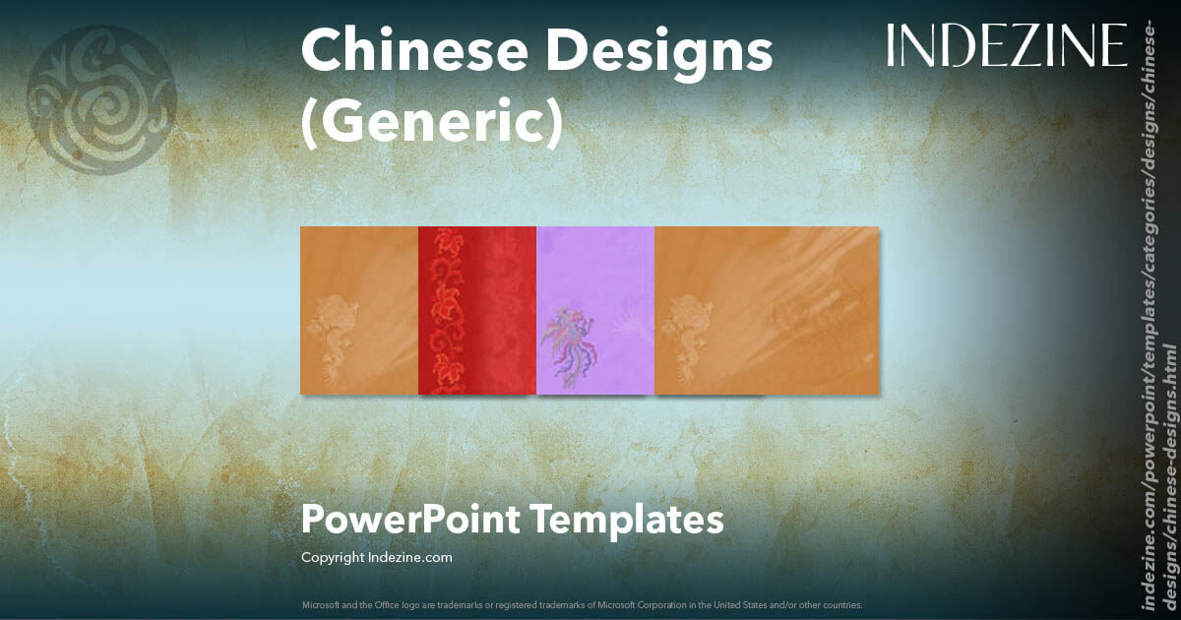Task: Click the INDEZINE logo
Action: click(1006, 46)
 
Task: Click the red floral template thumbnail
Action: click(477, 311)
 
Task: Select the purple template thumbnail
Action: click(595, 311)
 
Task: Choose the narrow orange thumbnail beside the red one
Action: click(359, 311)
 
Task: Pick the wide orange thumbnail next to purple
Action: click(766, 311)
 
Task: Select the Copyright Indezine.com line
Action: click(377, 558)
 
